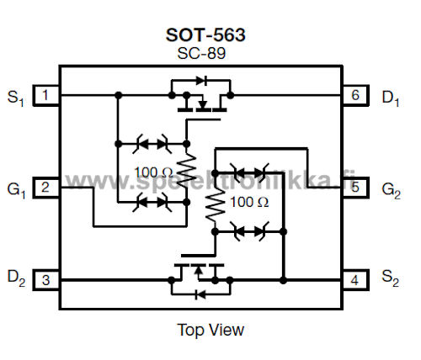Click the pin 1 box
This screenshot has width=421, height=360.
46,95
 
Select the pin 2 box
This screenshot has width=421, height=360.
46,188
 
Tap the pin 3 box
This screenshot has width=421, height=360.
46,280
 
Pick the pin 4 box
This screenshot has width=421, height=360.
355,280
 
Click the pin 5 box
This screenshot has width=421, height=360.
355,188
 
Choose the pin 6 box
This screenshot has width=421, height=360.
355,95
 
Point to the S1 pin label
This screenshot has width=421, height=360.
16,98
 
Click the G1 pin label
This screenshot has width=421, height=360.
16,191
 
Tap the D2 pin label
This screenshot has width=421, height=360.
16,278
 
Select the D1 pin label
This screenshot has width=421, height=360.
391,98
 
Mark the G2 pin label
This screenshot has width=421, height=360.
392,191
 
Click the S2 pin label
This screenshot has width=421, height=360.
390,278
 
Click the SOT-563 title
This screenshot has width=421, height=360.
205,35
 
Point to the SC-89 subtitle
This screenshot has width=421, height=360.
201,53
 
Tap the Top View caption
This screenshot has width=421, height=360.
210,330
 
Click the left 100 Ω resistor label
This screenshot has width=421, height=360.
153,172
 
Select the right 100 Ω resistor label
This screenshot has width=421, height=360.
249,202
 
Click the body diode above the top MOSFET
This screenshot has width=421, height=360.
202,81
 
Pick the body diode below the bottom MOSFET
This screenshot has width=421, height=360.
200,294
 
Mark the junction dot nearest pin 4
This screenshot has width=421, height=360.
284,280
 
